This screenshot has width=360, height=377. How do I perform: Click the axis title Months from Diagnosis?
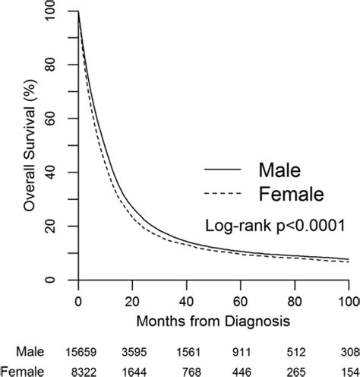point(214,321)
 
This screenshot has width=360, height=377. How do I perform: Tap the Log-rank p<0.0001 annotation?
point(276,225)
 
